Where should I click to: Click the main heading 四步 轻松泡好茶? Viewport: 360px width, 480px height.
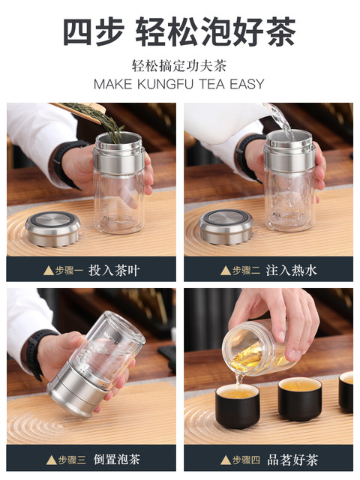[179, 31]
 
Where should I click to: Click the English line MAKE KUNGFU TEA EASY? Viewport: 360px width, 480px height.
[179, 84]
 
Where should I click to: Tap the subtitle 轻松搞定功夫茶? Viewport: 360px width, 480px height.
[179, 66]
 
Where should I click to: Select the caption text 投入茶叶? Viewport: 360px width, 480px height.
[114, 270]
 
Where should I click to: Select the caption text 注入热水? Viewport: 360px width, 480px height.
[291, 270]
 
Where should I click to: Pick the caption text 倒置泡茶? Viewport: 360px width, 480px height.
[117, 459]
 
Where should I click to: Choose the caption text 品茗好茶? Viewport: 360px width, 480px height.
[293, 460]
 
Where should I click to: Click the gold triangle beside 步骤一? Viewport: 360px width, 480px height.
[49, 271]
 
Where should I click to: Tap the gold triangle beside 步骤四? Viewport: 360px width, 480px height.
[226, 460]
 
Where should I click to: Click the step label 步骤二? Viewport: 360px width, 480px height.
[247, 271]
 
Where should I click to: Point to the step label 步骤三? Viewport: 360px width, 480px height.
[72, 460]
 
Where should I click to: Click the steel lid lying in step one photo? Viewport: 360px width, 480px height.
[52, 228]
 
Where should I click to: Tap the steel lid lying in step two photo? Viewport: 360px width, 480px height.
[226, 226]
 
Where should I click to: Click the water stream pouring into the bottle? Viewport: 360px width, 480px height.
[283, 121]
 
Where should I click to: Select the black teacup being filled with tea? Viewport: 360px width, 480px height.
[238, 406]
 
